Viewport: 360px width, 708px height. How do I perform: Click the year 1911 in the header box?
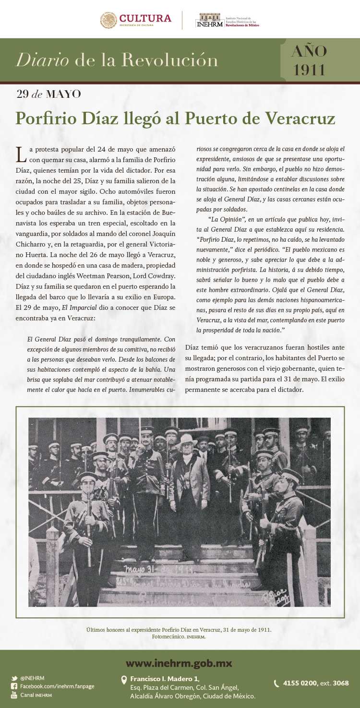click(310, 70)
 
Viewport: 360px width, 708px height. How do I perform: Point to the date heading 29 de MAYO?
click(48, 94)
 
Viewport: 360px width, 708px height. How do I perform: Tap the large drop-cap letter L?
click(21, 154)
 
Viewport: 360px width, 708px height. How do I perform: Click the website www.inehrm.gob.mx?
click(179, 663)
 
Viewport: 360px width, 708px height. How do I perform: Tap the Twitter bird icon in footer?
click(14, 678)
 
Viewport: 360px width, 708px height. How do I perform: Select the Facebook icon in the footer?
click(14, 686)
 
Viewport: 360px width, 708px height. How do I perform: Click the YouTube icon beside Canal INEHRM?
click(14, 695)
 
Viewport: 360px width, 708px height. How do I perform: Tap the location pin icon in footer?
click(124, 680)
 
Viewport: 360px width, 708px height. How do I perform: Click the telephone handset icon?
click(276, 684)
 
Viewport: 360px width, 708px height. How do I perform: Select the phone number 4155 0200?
click(300, 683)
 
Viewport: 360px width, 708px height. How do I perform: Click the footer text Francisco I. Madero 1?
click(164, 679)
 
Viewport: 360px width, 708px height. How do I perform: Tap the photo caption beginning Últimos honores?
click(179, 629)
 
